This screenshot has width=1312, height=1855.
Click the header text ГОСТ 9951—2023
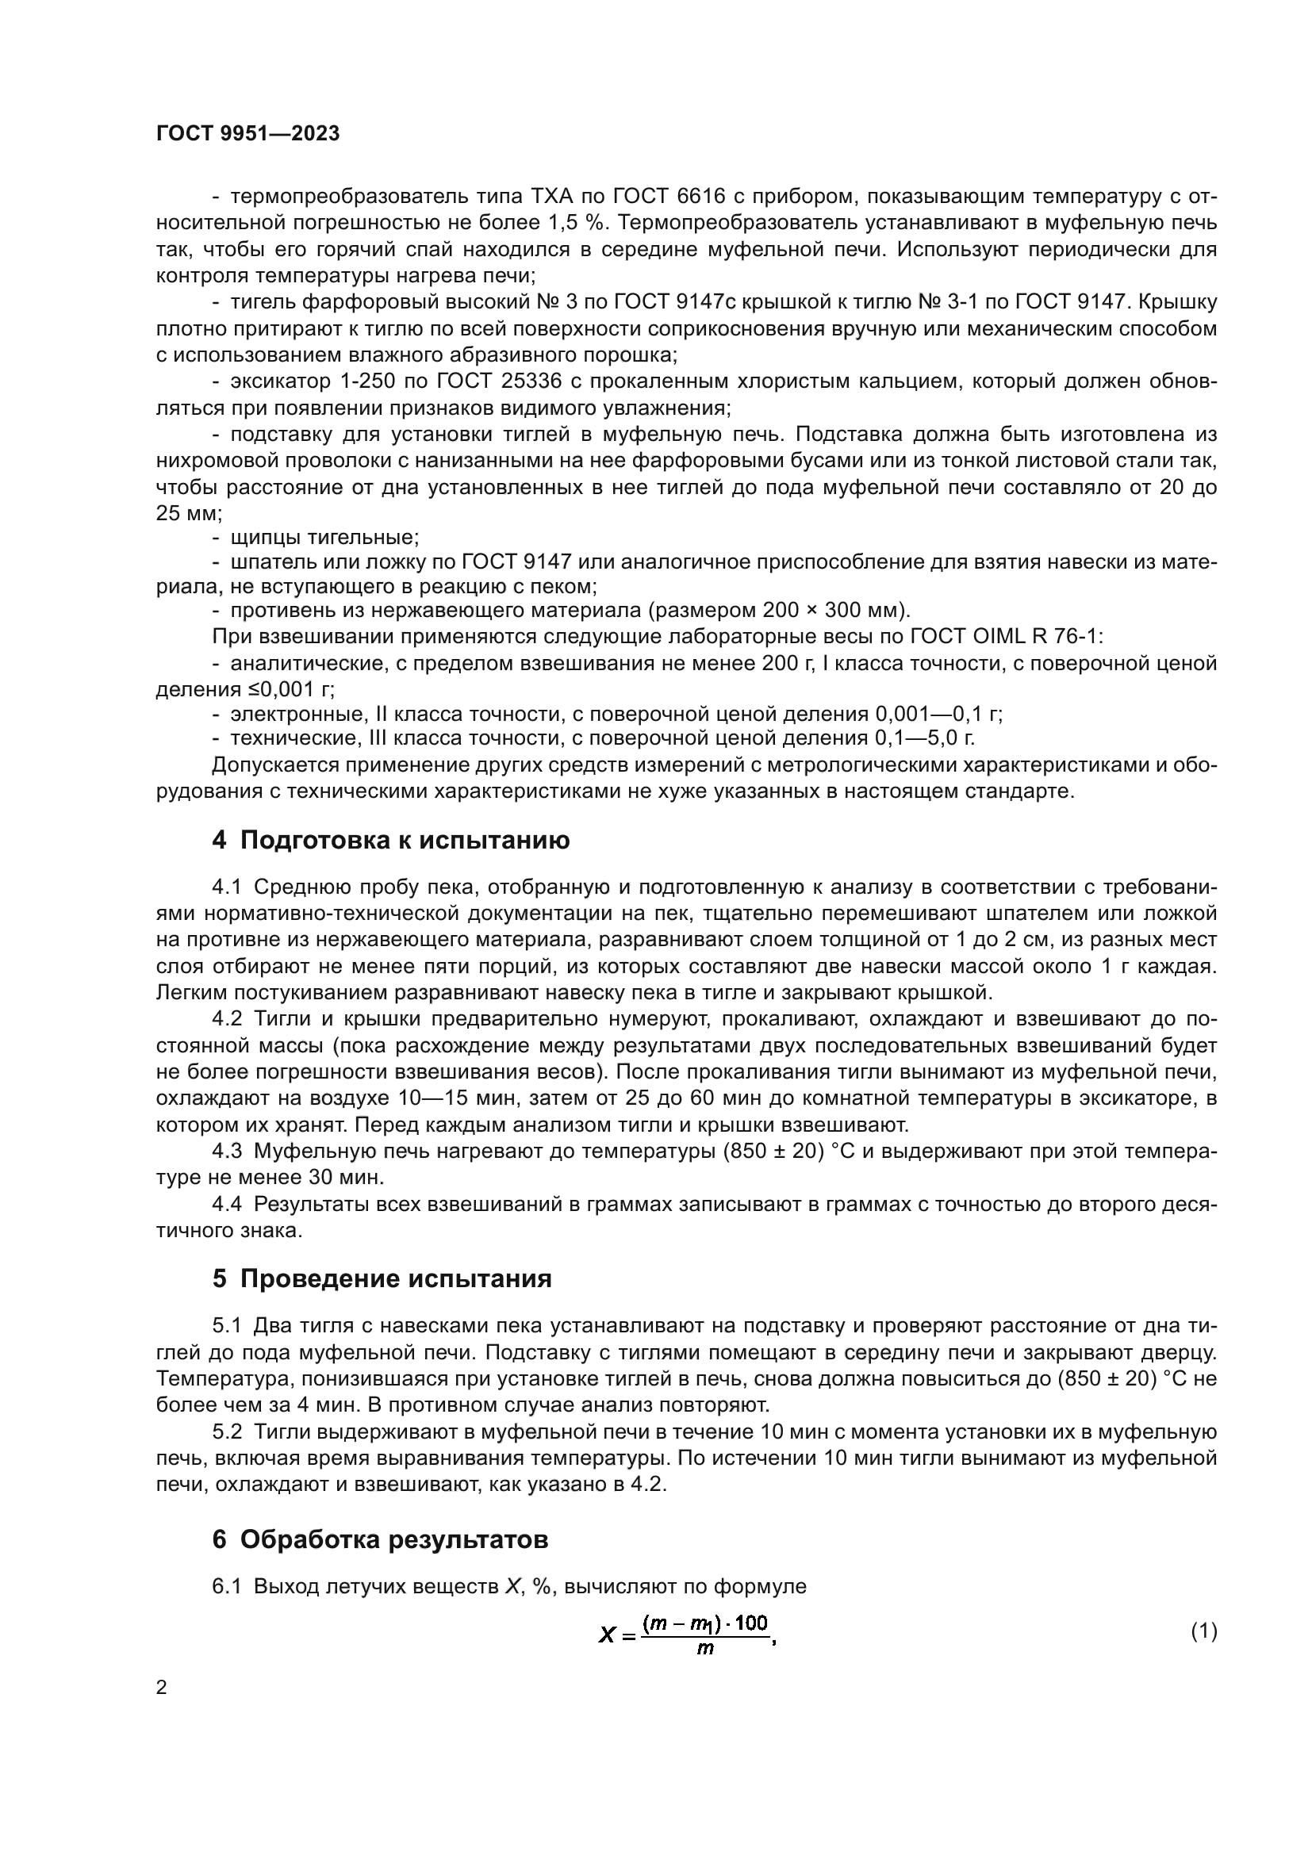[x=247, y=134]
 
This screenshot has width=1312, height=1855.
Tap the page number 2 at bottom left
[x=162, y=1688]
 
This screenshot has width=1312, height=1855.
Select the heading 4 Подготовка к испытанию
[x=391, y=840]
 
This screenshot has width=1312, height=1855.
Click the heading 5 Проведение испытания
[x=382, y=1279]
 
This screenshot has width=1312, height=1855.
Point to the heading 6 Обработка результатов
[x=380, y=1539]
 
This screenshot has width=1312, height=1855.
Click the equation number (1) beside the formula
[x=1204, y=1631]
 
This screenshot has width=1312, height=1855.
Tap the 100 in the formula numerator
[x=751, y=1623]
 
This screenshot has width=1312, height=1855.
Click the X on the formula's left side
[x=608, y=1635]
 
